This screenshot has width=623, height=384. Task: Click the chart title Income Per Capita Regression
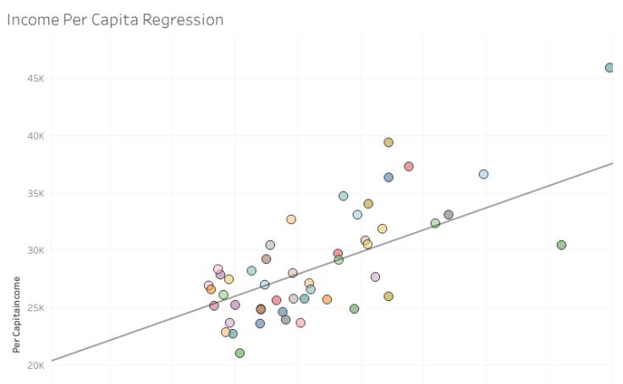pyautogui.click(x=115, y=19)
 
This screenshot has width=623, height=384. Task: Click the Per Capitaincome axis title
pyautogui.click(x=16, y=313)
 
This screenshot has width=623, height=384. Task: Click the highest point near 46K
pyautogui.click(x=609, y=68)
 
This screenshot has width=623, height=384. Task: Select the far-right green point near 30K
pyautogui.click(x=561, y=245)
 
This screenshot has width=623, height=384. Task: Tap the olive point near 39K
pyautogui.click(x=389, y=143)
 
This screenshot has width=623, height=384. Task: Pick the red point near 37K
pyautogui.click(x=409, y=167)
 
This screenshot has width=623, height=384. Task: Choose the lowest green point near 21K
pyautogui.click(x=240, y=354)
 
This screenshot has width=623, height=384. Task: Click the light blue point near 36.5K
pyautogui.click(x=483, y=174)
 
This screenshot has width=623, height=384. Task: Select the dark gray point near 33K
pyautogui.click(x=449, y=215)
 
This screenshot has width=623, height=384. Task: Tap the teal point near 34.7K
pyautogui.click(x=344, y=196)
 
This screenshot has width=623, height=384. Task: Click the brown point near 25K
pyautogui.click(x=261, y=310)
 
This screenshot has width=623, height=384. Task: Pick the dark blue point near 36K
pyautogui.click(x=389, y=178)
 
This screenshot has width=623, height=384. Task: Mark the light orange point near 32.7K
pyautogui.click(x=291, y=219)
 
